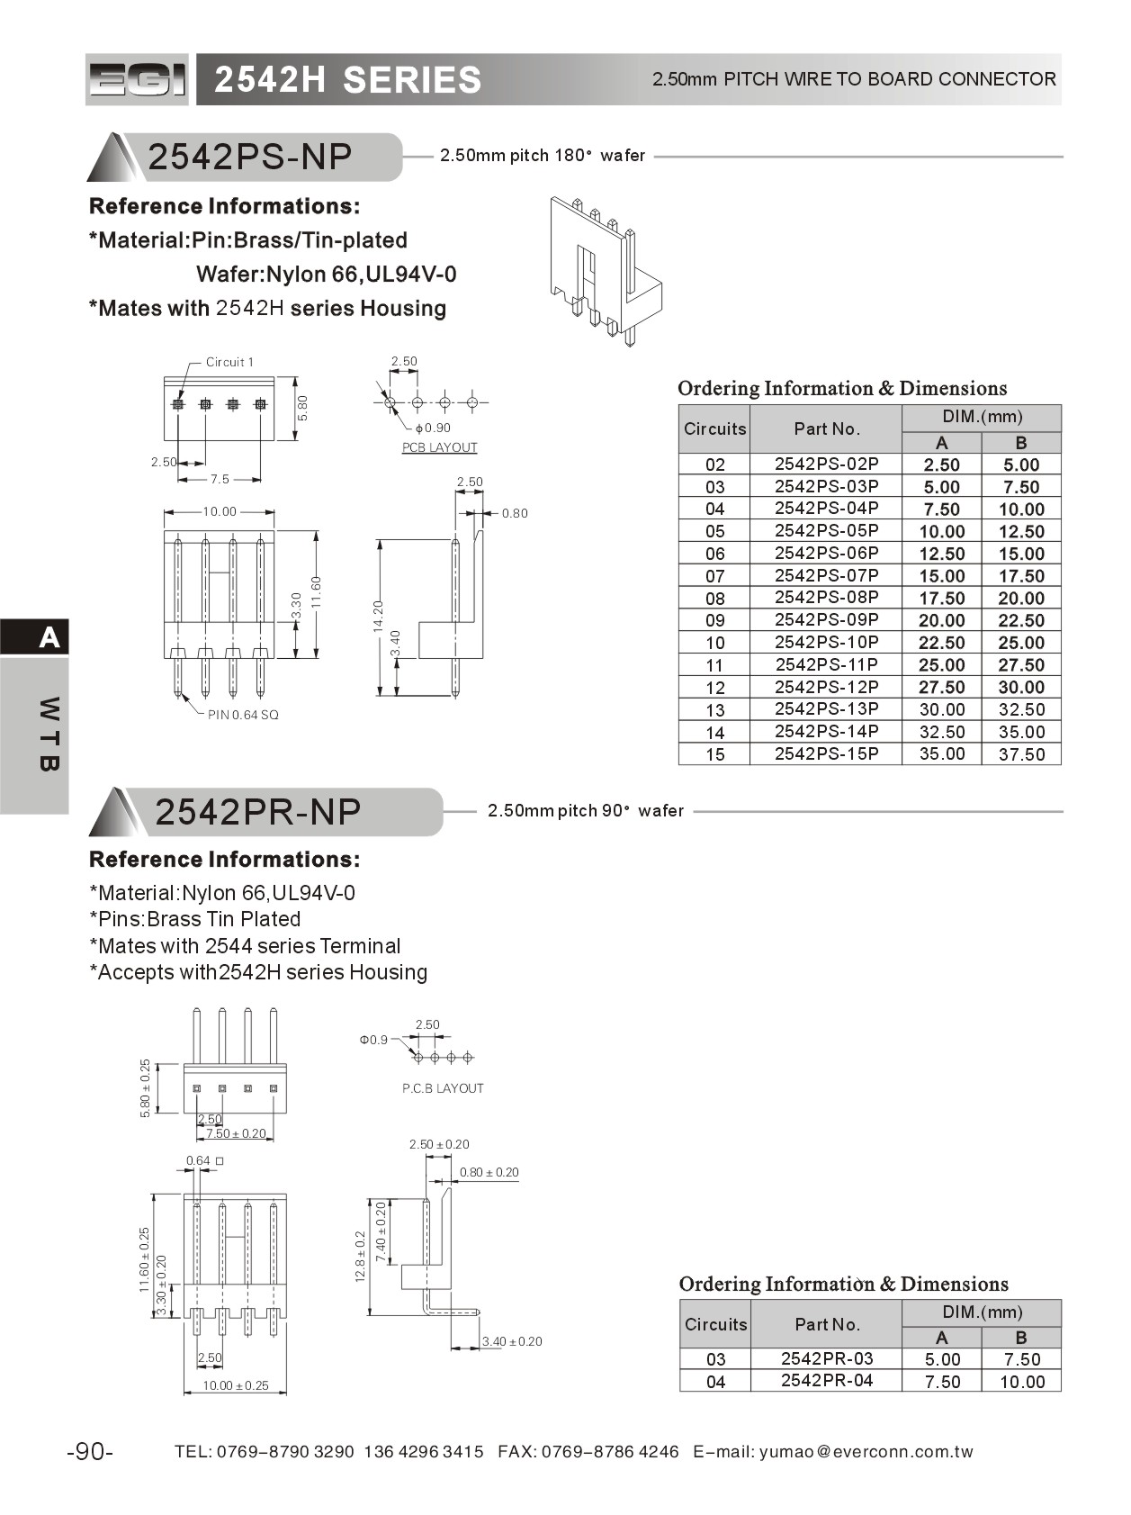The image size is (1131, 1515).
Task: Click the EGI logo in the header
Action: (137, 80)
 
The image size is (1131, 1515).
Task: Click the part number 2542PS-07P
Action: (826, 575)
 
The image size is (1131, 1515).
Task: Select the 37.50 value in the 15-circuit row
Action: (1021, 754)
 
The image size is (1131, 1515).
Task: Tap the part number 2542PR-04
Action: (826, 1381)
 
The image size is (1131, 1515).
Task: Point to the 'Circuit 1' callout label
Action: (229, 362)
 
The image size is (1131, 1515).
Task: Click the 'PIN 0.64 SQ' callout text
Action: (243, 715)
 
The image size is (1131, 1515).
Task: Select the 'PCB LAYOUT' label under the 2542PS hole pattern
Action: (439, 447)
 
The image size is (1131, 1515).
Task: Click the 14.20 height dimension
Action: (378, 616)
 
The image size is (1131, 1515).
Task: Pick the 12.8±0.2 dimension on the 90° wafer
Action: (361, 1257)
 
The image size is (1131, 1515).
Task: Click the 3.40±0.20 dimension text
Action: (512, 1341)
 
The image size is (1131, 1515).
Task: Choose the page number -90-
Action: (90, 1452)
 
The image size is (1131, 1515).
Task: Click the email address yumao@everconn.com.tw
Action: (866, 1452)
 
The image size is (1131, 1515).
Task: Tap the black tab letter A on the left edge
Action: (49, 637)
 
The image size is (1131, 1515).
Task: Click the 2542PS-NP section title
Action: (249, 158)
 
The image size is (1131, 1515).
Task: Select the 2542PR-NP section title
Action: (257, 812)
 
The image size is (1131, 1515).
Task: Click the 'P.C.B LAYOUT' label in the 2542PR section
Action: (443, 1088)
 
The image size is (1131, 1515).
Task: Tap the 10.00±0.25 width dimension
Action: (236, 1385)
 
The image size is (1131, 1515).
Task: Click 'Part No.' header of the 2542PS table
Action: (826, 429)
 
